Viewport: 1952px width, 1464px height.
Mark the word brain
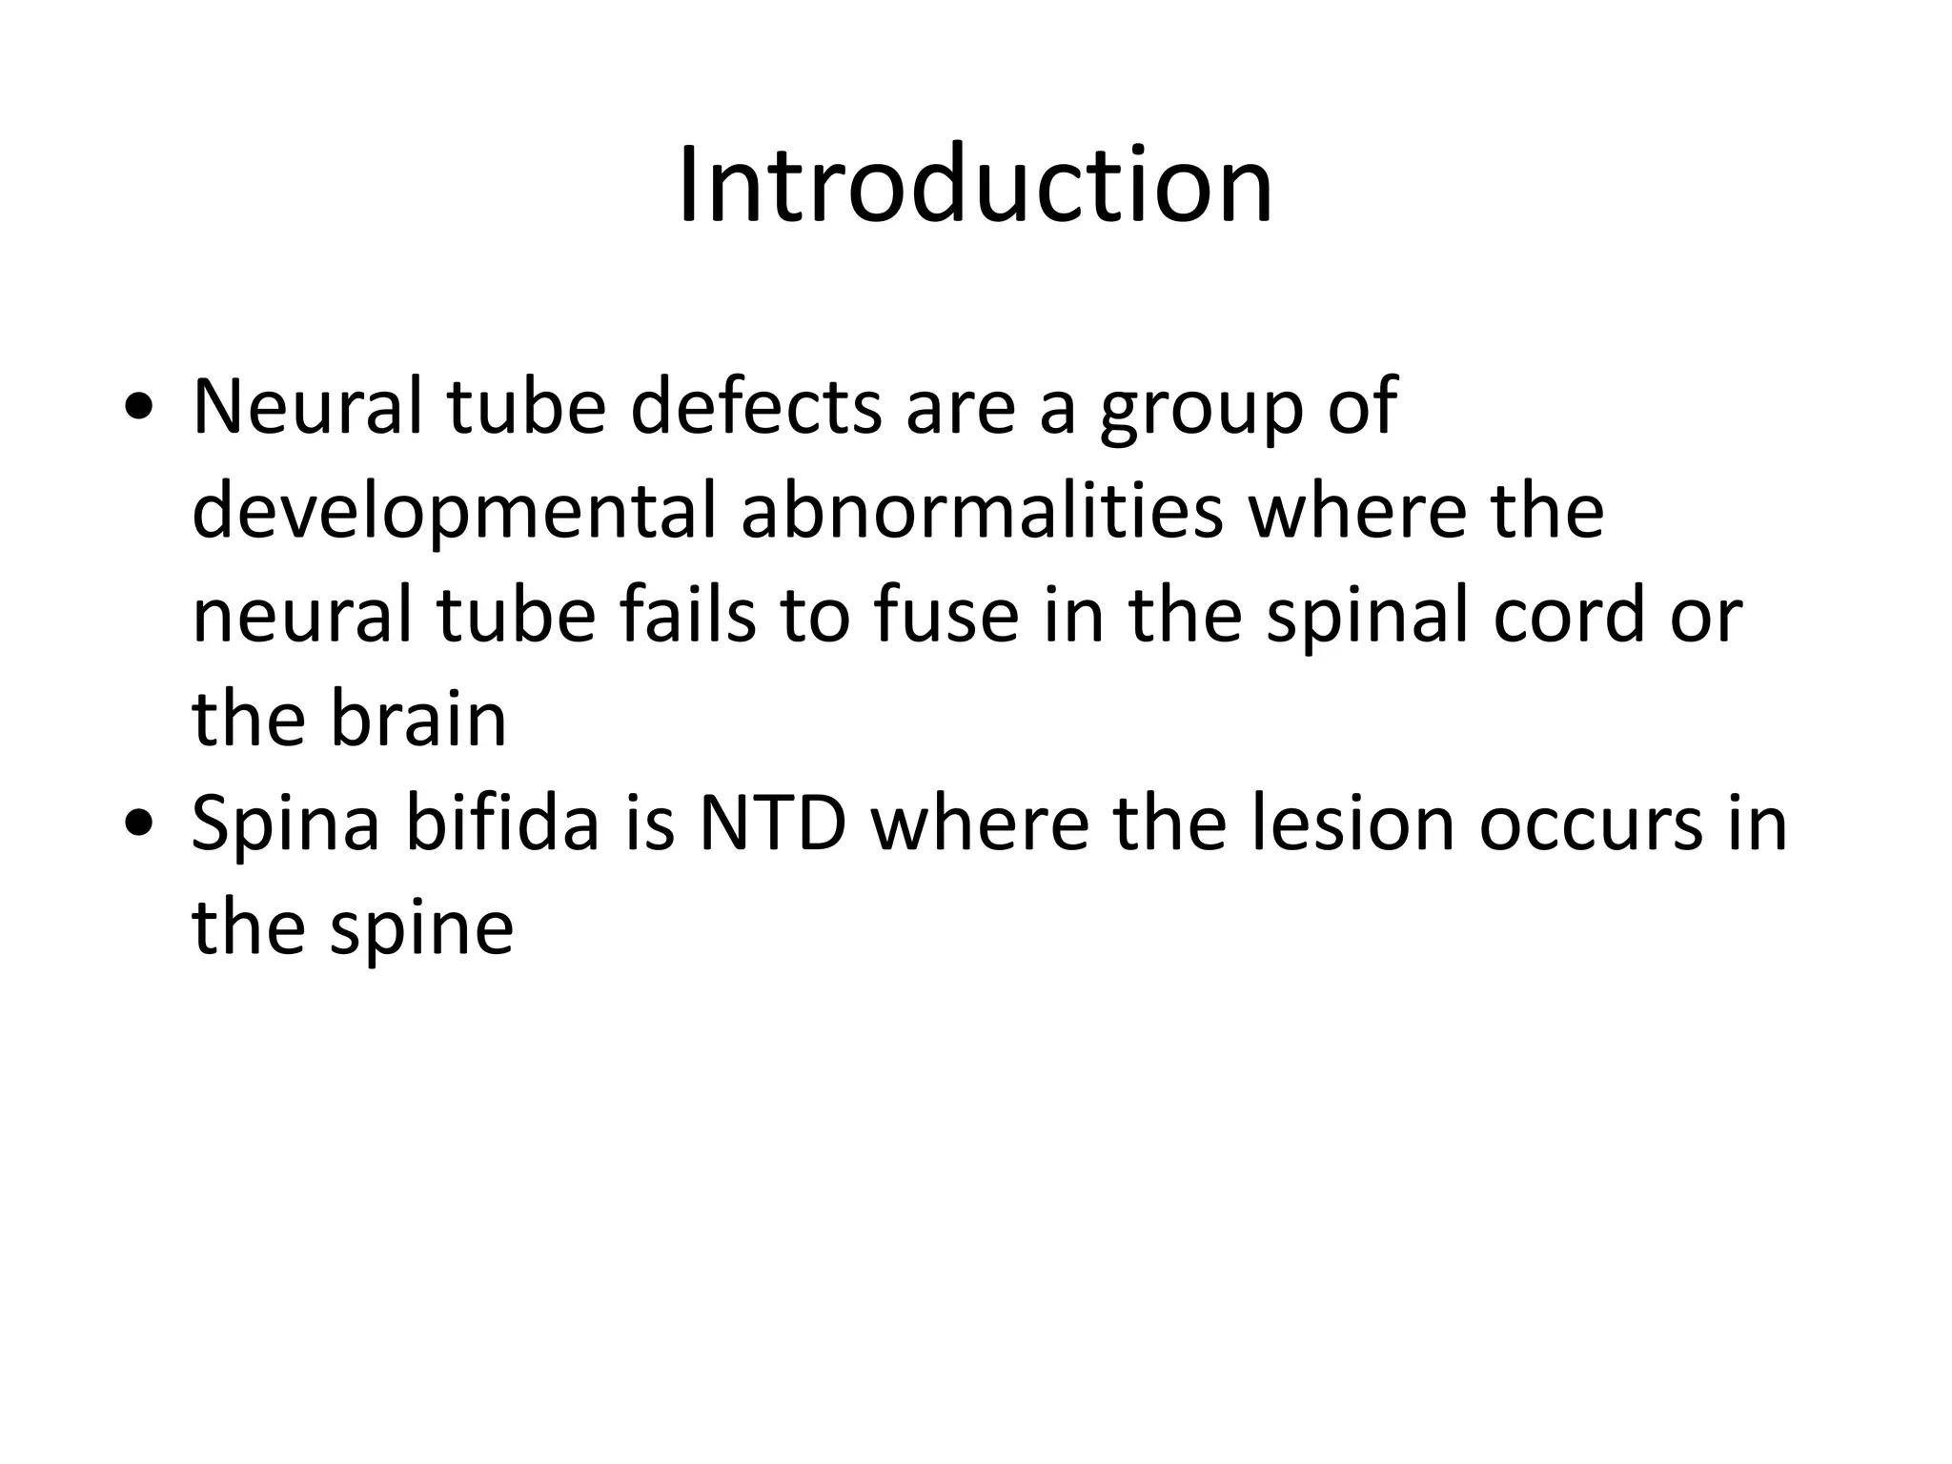coord(418,720)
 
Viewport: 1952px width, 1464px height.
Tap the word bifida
coord(502,823)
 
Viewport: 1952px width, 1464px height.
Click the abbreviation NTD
coord(772,824)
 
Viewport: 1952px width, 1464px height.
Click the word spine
coord(421,929)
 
